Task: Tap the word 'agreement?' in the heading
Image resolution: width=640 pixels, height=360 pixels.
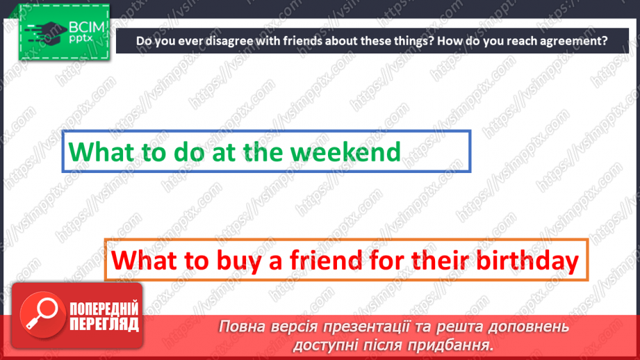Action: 570,41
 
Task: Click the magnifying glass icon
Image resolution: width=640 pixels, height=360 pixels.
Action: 39,313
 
